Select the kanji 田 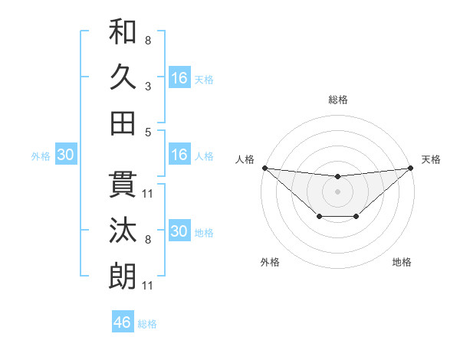[x=123, y=123]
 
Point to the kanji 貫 [x=123, y=185]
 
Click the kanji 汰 [x=123, y=231]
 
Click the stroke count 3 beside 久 [x=147, y=87]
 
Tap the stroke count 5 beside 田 [x=147, y=133]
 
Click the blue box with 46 [x=123, y=322]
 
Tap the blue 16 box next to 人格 [x=179, y=155]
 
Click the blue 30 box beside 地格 [x=179, y=231]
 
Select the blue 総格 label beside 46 [x=147, y=324]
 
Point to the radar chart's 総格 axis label [x=337, y=100]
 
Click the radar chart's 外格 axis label [x=270, y=262]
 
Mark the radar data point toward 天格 [x=411, y=168]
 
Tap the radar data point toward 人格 [x=264, y=168]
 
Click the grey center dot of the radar [x=337, y=191]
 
